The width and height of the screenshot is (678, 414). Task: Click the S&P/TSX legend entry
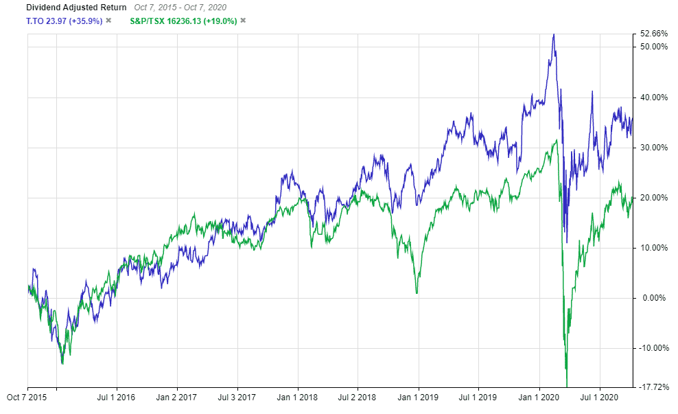[x=183, y=21]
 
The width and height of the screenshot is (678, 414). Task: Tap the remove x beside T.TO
[x=108, y=21]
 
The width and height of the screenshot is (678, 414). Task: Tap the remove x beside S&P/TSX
[x=243, y=21]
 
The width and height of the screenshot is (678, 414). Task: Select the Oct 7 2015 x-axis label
[x=27, y=396]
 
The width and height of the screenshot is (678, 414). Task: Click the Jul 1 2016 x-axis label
[x=117, y=396]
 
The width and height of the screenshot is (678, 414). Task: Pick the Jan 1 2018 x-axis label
[x=297, y=396]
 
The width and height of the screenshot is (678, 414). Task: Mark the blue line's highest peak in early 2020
[x=553, y=34]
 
